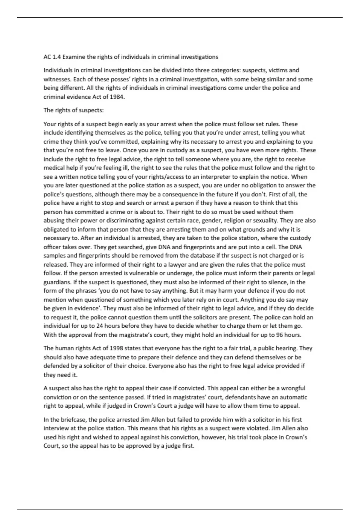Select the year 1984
pos(117,97)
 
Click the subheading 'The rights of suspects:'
pos(73,110)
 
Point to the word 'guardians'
pos(56,282)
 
